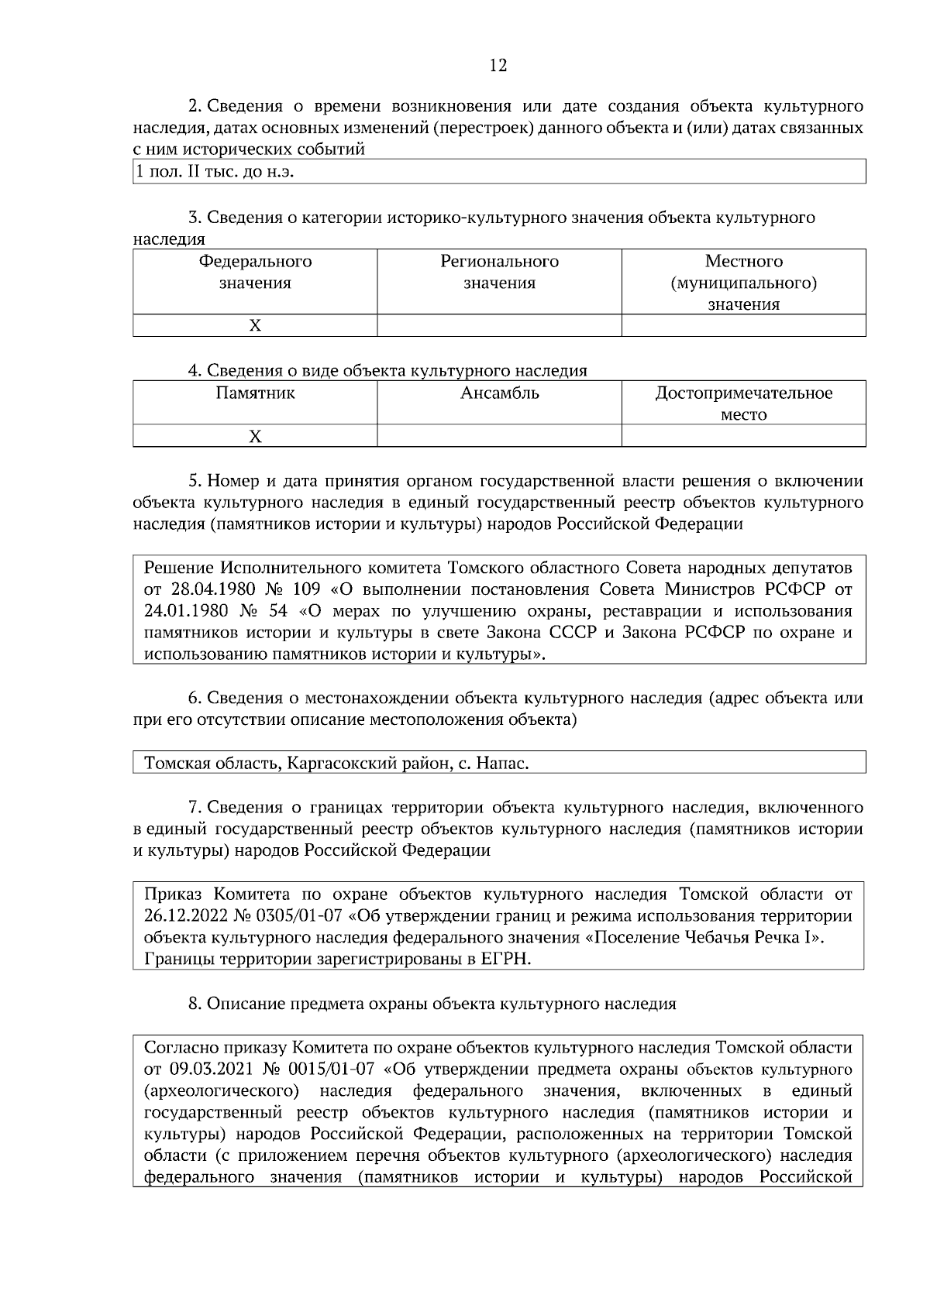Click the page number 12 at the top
pos(498,66)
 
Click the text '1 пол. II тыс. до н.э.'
pos(215,172)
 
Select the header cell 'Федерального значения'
pos(255,273)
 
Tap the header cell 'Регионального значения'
pos(499,273)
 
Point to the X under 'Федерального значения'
pos(255,326)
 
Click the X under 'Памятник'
pos(255,437)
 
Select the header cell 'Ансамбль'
pos(499,393)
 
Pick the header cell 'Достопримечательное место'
pos(743,403)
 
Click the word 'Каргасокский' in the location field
pos(338,764)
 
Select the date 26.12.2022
pos(186,917)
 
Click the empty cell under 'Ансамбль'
pos(499,437)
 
